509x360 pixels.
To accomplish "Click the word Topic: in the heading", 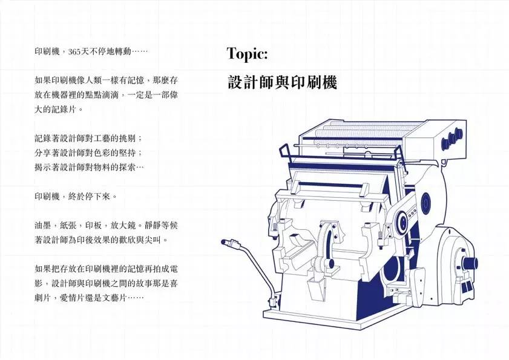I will pyautogui.click(x=247, y=54).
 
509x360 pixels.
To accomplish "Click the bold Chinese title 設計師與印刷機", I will pyautogui.click(x=282, y=82).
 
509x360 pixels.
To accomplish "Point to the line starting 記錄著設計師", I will pyautogui.click(x=88, y=139).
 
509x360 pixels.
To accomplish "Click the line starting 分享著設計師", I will pyautogui.click(x=88, y=153).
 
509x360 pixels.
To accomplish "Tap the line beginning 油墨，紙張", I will pyautogui.click(x=106, y=225).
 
